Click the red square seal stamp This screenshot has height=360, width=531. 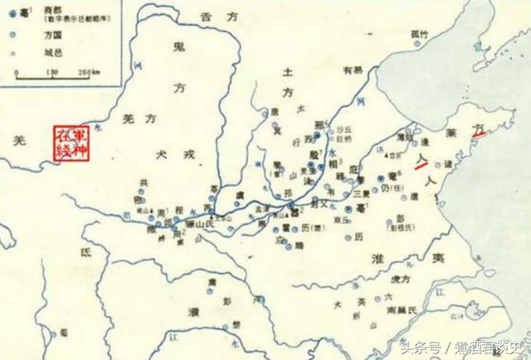click(x=71, y=142)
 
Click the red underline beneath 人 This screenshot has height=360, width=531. click(x=421, y=163)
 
